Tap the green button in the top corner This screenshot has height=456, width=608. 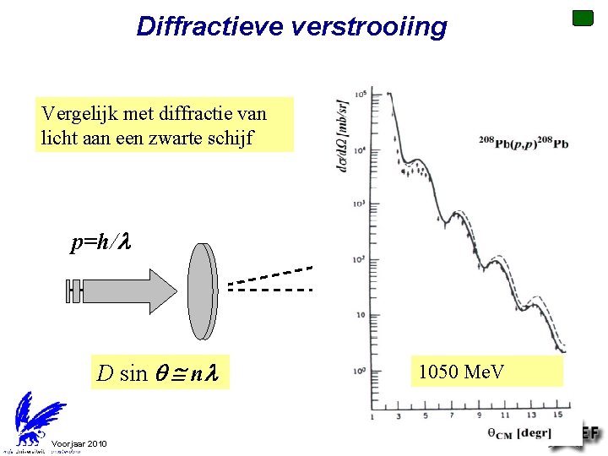click(x=583, y=18)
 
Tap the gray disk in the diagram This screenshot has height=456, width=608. click(x=203, y=290)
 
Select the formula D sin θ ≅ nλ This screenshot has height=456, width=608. click(x=159, y=372)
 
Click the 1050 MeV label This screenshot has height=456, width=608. click(x=461, y=371)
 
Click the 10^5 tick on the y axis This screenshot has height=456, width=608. click(x=360, y=93)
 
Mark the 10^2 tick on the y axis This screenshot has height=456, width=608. click(x=360, y=258)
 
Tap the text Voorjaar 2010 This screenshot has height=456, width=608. click(x=79, y=444)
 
